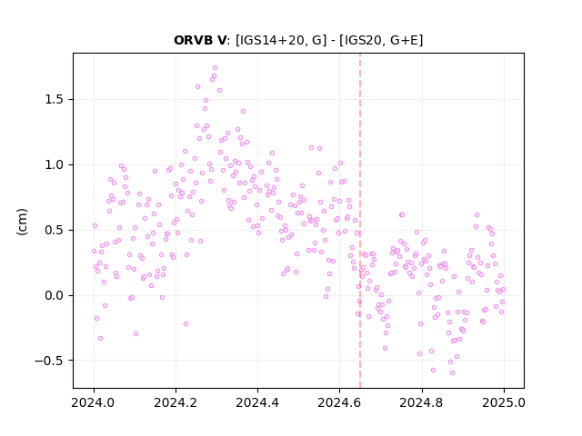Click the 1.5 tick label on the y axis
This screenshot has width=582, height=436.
[55, 99]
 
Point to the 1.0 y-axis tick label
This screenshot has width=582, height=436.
[55, 164]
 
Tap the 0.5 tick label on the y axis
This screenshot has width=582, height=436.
[55, 230]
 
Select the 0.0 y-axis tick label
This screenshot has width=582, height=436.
[55, 295]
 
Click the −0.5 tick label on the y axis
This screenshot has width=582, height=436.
[49, 361]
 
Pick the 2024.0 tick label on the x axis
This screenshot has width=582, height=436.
[94, 402]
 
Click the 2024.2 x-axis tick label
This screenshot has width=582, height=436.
[176, 402]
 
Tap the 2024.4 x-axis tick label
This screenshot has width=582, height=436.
[257, 402]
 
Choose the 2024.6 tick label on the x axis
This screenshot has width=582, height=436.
[339, 402]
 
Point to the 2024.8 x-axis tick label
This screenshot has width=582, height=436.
[422, 402]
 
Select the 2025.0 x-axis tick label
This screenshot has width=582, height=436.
[504, 402]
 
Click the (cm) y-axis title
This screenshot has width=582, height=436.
[22, 222]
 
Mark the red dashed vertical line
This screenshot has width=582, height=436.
[360, 221]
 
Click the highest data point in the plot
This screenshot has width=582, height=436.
[215, 68]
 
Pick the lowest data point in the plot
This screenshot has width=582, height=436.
[452, 373]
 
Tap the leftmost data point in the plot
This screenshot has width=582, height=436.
[94, 252]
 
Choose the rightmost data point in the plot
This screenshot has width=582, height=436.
[503, 289]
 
